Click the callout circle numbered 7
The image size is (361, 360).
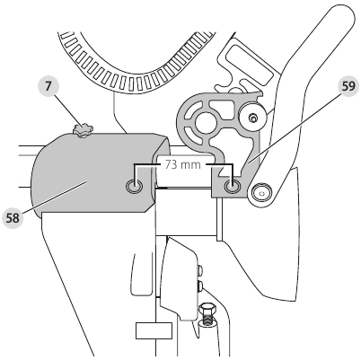(48, 86)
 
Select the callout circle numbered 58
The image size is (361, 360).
(13, 218)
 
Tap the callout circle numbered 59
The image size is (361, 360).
(348, 86)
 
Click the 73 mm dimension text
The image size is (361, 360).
(182, 165)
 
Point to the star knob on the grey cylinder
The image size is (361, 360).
(83, 131)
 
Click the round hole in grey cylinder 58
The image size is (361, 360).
(134, 187)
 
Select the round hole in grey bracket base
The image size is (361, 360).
(232, 187)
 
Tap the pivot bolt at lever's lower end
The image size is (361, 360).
(261, 193)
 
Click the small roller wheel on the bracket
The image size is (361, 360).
(253, 118)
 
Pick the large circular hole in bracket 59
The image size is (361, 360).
(206, 122)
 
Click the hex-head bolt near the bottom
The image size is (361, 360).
(208, 314)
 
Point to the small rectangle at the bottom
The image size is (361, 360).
(154, 331)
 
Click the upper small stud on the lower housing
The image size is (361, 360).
(200, 271)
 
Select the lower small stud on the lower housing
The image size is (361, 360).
(200, 285)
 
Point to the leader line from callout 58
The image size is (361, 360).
(55, 196)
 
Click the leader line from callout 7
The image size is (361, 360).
(67, 110)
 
